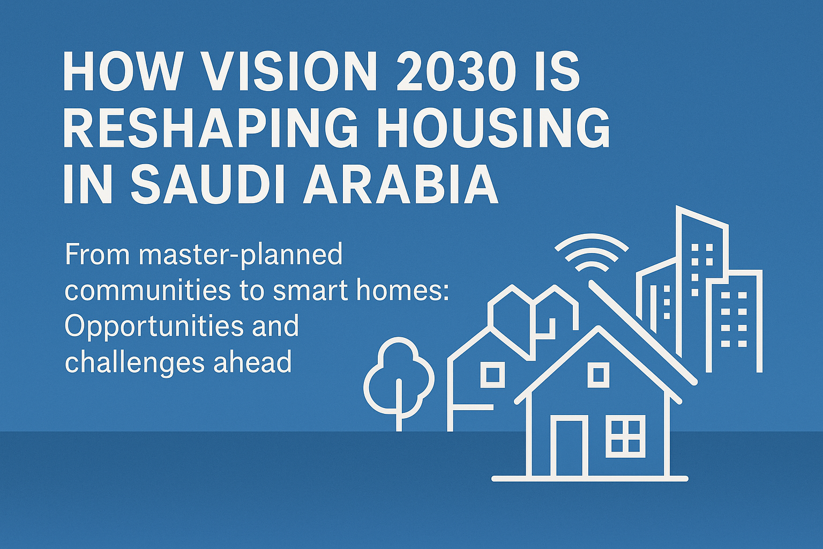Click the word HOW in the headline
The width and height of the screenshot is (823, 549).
(x=121, y=72)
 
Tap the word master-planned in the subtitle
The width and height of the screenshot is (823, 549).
(x=240, y=255)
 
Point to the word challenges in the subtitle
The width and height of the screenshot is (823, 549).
(x=134, y=363)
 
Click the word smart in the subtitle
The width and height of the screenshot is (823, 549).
(x=308, y=291)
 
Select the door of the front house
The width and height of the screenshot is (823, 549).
(x=569, y=448)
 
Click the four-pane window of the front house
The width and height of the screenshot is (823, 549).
(x=625, y=437)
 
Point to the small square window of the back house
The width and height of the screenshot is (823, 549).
(x=492, y=374)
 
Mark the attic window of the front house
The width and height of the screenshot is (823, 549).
(x=598, y=374)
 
